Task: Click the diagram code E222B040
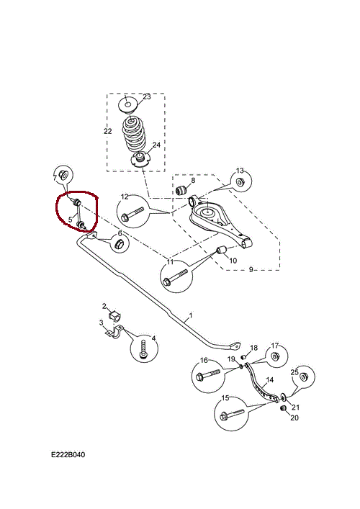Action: tap(68, 454)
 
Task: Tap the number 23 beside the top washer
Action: tap(147, 96)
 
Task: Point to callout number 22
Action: tap(108, 131)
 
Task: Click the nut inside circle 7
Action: tap(63, 175)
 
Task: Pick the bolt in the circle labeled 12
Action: tap(132, 214)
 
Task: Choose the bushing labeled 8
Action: tap(181, 189)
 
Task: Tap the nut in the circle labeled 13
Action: tap(240, 182)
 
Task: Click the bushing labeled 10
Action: tap(222, 251)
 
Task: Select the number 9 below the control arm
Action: tap(251, 269)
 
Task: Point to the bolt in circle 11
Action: tap(176, 277)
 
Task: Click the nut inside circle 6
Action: tap(119, 244)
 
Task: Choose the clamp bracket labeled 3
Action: tap(116, 332)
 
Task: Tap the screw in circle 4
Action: tap(143, 349)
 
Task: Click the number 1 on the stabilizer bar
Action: tap(191, 315)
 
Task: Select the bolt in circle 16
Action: tap(208, 375)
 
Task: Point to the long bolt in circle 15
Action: tap(231, 414)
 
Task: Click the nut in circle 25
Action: tap(304, 377)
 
